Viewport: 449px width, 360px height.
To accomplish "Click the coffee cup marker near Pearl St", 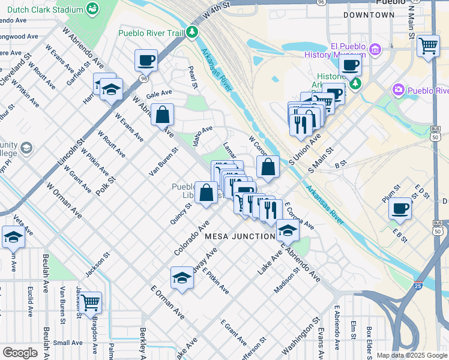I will (146, 60).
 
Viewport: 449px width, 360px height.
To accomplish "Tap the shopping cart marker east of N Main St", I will (428, 46).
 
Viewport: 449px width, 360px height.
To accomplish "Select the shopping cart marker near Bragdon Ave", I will (91, 302).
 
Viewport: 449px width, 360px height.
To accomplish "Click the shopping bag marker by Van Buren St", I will (162, 114).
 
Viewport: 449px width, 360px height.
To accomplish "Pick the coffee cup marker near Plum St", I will (400, 209).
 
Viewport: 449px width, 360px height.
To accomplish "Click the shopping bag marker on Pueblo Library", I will (206, 193).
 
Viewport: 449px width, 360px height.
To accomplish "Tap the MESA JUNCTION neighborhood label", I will (240, 236).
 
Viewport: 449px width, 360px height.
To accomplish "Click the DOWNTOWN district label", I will (367, 14).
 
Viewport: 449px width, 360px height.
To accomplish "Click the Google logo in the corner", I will (19, 353).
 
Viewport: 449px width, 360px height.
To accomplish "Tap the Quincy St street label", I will (180, 213).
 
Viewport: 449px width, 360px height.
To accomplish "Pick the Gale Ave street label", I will (159, 94).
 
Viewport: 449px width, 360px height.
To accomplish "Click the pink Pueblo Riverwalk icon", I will (397, 90).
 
